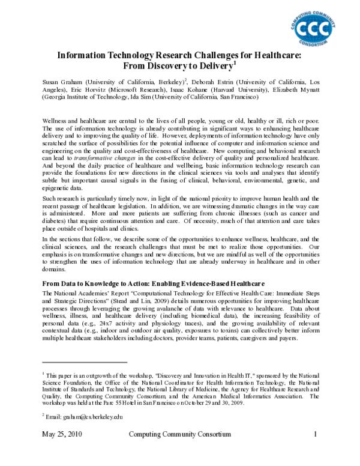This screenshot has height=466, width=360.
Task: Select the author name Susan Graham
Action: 61,80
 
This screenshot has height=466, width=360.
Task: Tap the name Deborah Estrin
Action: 217,80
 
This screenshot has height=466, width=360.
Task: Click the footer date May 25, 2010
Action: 62,435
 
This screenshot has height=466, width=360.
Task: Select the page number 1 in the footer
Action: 315,435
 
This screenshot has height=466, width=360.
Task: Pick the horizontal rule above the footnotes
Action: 85,363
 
